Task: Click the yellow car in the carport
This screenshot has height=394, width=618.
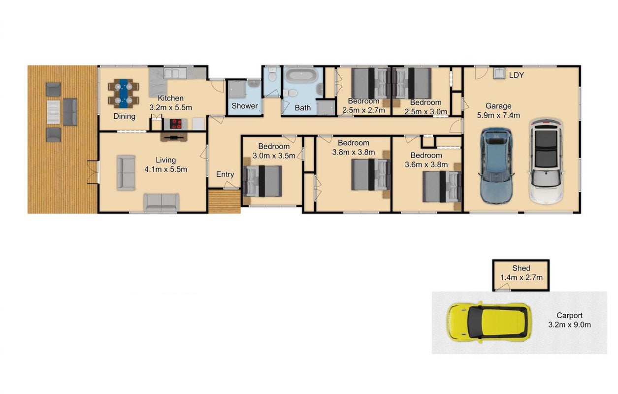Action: [x=488, y=322]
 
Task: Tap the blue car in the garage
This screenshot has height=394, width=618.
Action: [x=496, y=165]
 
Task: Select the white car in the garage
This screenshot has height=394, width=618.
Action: [x=546, y=162]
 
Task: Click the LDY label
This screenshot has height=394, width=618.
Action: [x=517, y=75]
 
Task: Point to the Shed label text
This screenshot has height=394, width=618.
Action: [x=521, y=268]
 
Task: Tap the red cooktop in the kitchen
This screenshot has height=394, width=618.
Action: [x=175, y=124]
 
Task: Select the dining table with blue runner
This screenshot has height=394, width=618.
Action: [x=123, y=93]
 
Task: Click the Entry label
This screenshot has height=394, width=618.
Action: [x=225, y=174]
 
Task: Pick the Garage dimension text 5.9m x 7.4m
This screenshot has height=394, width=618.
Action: [x=498, y=115]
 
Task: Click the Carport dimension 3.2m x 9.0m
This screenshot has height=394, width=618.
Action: [x=569, y=325]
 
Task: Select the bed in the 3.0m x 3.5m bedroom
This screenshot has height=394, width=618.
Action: [x=262, y=181]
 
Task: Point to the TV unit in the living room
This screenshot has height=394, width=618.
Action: [x=174, y=137]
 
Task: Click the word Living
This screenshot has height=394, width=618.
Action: [x=165, y=160]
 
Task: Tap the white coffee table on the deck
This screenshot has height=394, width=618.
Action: [x=53, y=112]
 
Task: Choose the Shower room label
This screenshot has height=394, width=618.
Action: [x=245, y=106]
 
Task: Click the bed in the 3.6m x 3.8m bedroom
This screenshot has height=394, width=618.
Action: [x=442, y=187]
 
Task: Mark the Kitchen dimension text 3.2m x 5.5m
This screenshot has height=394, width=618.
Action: [x=171, y=107]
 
